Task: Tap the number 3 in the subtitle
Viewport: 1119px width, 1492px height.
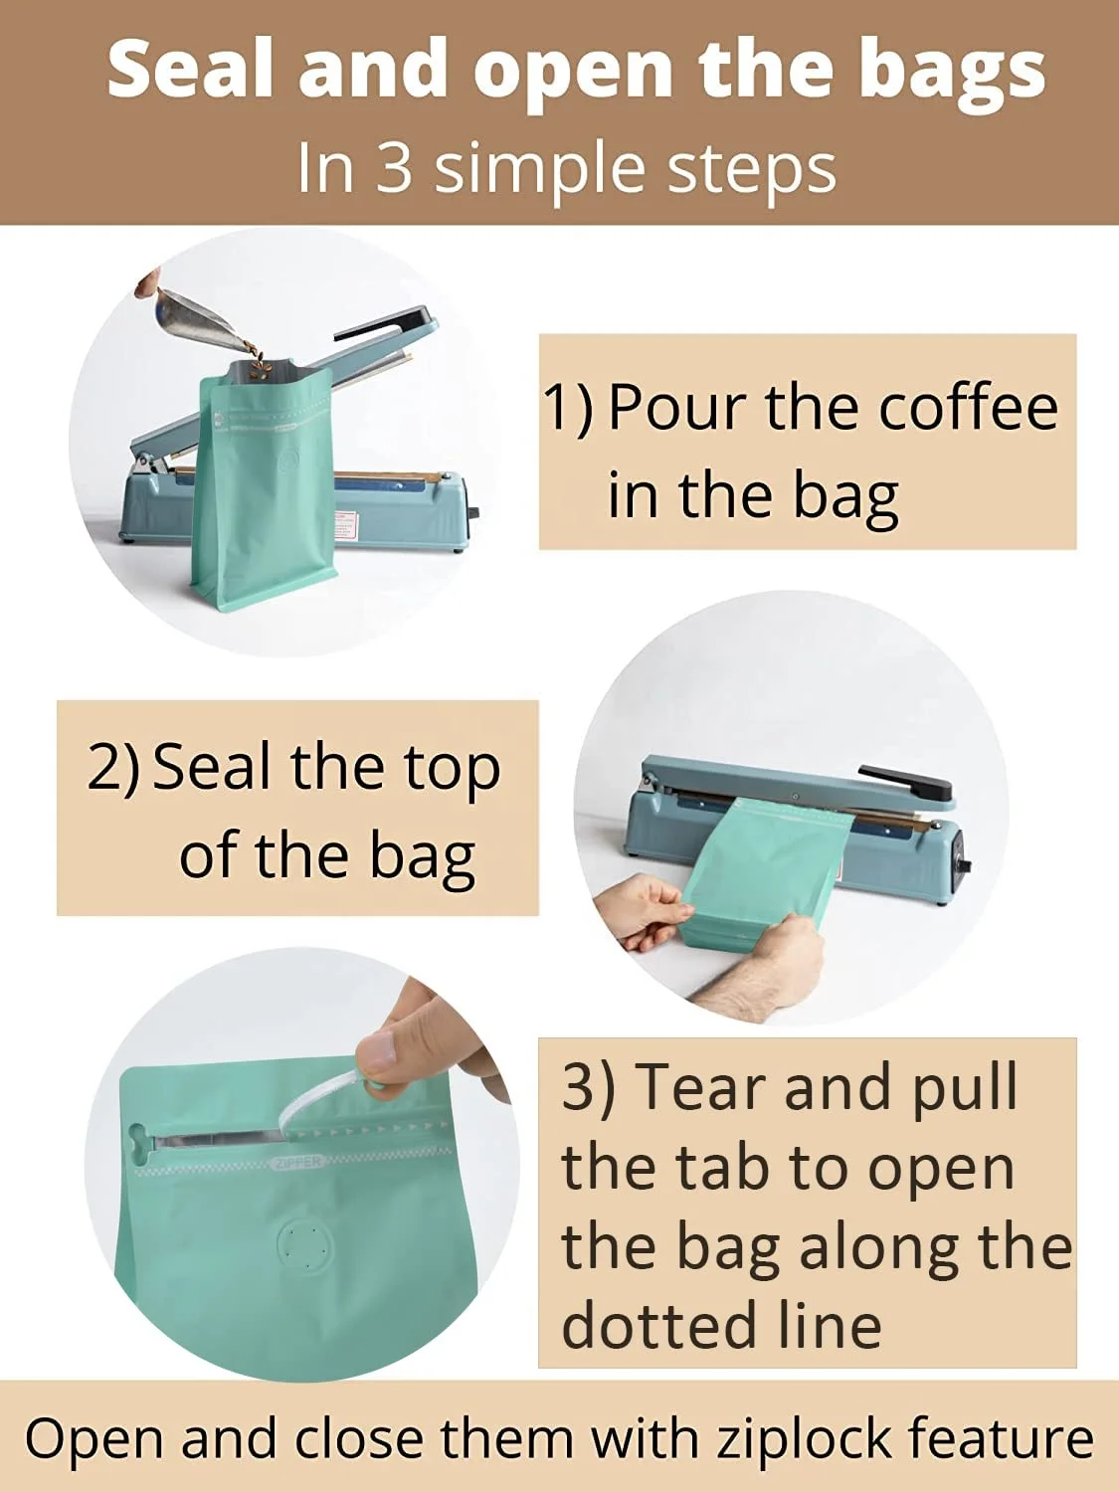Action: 394,168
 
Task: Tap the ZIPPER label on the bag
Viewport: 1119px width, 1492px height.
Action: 297,1162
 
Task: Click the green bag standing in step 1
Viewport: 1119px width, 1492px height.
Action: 264,487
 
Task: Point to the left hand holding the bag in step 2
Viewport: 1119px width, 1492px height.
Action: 641,909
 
